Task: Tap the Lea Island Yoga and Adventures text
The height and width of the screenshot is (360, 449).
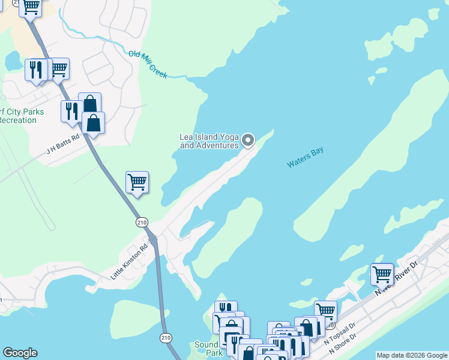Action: tap(209, 141)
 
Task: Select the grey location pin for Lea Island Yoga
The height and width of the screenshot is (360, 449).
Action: tap(248, 141)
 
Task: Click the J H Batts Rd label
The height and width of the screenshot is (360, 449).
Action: tap(63, 145)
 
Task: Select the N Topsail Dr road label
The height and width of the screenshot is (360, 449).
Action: tap(340, 334)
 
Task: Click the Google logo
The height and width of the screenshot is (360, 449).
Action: tap(20, 353)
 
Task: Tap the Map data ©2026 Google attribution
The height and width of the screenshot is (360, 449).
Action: tap(412, 355)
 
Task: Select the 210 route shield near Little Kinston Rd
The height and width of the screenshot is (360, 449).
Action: tap(142, 222)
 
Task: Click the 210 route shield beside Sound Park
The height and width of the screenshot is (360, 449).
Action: tap(166, 338)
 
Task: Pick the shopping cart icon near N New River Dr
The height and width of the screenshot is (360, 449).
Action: tap(382, 275)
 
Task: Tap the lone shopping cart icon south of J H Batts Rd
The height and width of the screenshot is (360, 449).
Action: tap(137, 182)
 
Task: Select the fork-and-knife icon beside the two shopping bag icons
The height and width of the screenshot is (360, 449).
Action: tap(71, 110)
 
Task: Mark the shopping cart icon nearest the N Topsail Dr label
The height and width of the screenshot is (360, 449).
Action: tap(325, 311)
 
